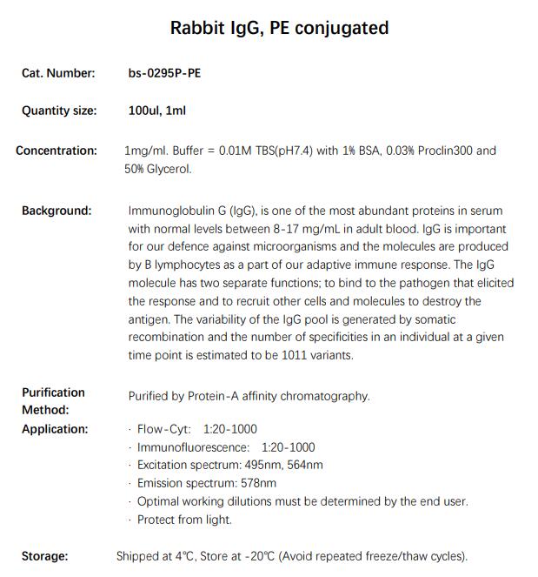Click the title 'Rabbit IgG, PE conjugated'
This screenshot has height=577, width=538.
coord(279,28)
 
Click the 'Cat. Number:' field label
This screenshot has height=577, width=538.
coord(58,73)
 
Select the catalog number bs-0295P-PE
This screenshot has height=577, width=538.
coord(164,73)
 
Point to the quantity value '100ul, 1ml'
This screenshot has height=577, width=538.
coord(157,111)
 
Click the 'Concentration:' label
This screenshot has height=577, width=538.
coord(56,151)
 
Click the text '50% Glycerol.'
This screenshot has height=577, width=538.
coord(158,169)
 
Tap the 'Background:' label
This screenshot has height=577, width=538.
coord(56,211)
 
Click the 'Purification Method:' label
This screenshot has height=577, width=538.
coord(53,401)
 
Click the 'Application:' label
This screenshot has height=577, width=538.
coord(55,429)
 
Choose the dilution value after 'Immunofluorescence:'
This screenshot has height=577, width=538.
coord(289,447)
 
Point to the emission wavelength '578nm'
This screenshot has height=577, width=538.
coord(257,483)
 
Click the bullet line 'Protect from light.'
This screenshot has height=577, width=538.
coord(184,520)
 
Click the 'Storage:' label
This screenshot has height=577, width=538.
coord(45,556)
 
